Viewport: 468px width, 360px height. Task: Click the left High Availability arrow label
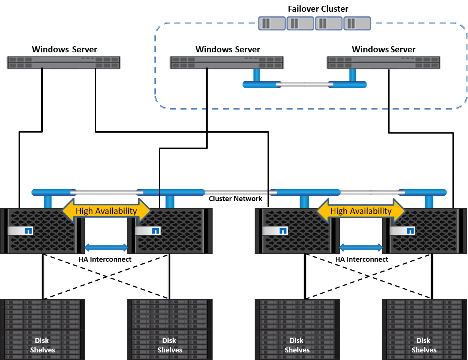pyautogui.click(x=106, y=211)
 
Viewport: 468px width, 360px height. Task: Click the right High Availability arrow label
pyautogui.click(x=361, y=211)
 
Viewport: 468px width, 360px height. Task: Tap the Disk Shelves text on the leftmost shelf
pyautogui.click(x=42, y=345)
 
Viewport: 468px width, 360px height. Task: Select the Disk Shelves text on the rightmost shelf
pyautogui.click(x=424, y=345)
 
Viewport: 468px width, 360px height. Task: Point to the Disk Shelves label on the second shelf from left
pyautogui.click(x=170, y=345)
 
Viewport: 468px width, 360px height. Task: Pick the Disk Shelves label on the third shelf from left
pyautogui.click(x=297, y=345)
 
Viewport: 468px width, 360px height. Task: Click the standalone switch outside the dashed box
pyautogui.click(x=64, y=63)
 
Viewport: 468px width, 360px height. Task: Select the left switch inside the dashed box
pyautogui.click(x=227, y=63)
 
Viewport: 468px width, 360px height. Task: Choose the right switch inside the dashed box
pyautogui.click(x=383, y=63)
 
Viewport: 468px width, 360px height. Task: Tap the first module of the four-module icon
pyautogui.click(x=272, y=23)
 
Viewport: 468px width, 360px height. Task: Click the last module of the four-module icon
pyautogui.click(x=357, y=23)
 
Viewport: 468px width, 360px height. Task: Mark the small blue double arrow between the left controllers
pyautogui.click(x=106, y=248)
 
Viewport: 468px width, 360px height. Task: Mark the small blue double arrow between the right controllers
pyautogui.click(x=361, y=248)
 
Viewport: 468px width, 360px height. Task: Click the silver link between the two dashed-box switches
pyautogui.click(x=304, y=85)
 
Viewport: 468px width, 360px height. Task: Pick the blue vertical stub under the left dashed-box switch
pyautogui.click(x=257, y=75)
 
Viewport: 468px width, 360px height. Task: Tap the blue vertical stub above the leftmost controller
pyautogui.click(x=48, y=201)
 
